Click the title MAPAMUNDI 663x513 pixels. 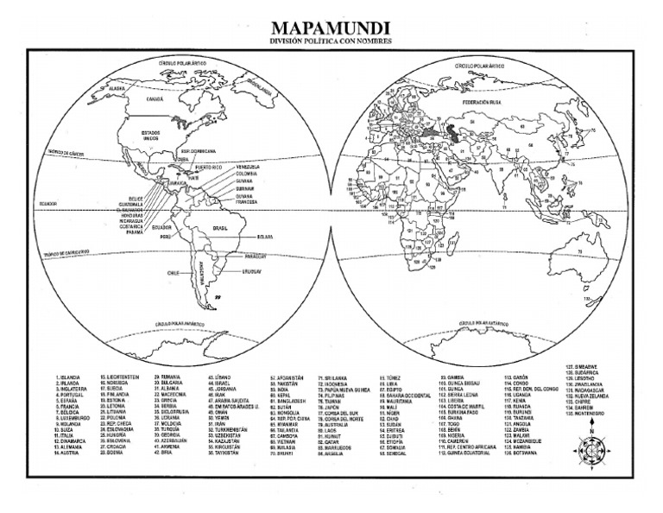click(331, 28)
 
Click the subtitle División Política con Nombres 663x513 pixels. click(331, 41)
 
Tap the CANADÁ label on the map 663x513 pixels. click(155, 99)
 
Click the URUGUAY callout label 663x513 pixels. click(252, 271)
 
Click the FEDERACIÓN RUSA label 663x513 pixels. click(482, 102)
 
